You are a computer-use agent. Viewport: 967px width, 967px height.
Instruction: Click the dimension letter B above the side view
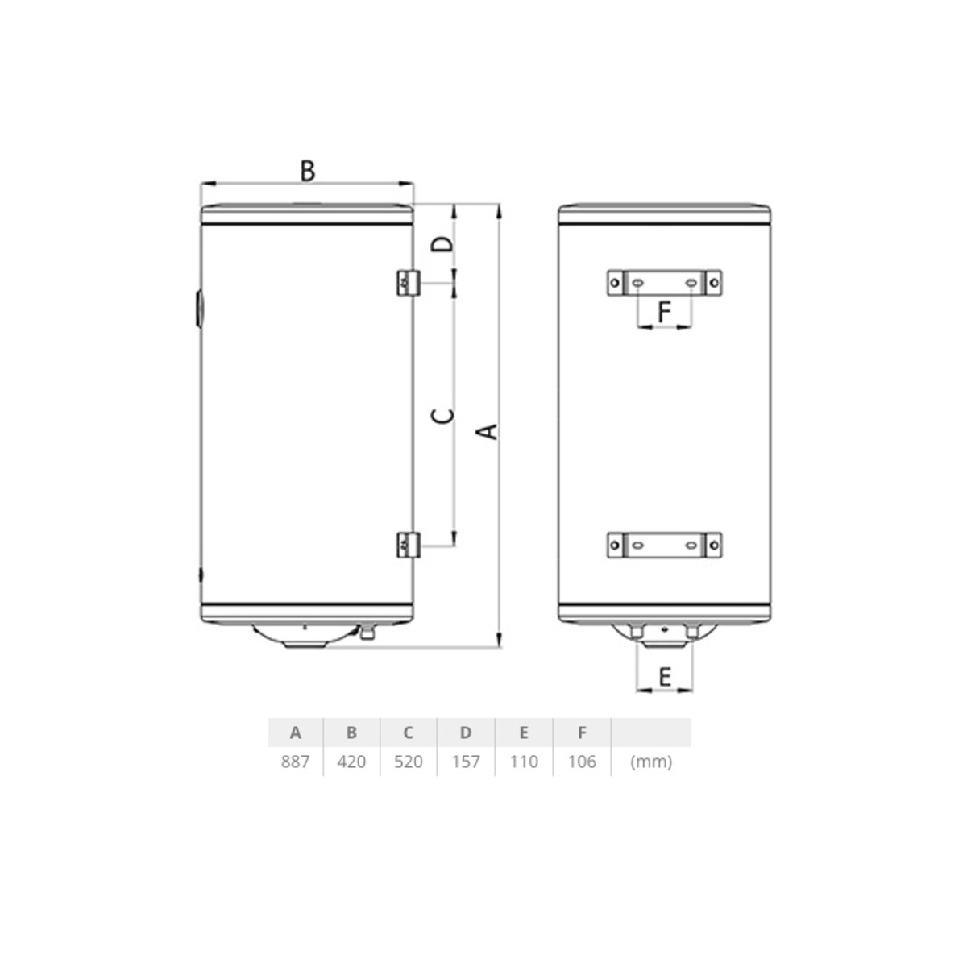308,171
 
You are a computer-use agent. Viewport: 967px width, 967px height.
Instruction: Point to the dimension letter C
443,416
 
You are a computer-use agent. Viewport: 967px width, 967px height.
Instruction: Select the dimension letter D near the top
443,244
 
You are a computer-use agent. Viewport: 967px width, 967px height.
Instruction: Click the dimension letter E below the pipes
664,677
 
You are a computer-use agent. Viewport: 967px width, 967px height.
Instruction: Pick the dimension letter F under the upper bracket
664,312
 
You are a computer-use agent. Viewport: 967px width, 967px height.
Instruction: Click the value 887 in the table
295,762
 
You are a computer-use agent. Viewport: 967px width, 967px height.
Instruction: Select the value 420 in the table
351,762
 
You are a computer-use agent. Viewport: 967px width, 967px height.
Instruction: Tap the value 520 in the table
409,762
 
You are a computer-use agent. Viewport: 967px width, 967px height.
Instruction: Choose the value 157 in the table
466,762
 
